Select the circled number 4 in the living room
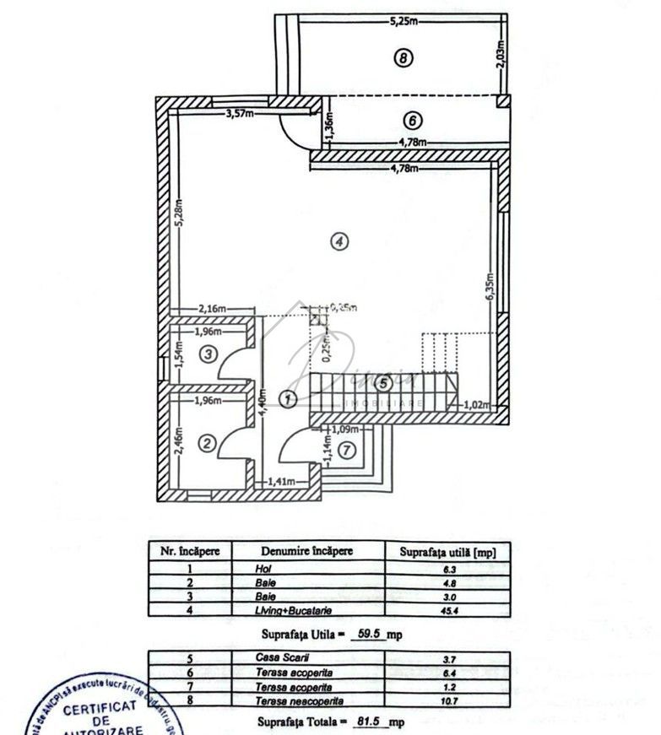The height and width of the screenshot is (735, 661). tap(338, 242)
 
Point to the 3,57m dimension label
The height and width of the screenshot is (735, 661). tap(240, 114)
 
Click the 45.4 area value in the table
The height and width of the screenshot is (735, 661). tap(447, 608)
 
